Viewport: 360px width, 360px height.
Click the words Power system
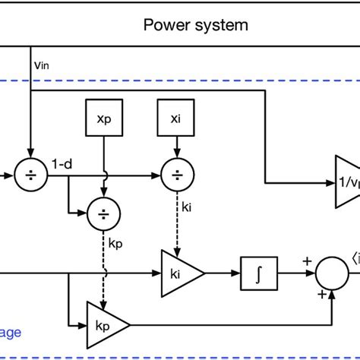click(195, 25)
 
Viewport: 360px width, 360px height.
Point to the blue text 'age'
click(11, 332)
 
